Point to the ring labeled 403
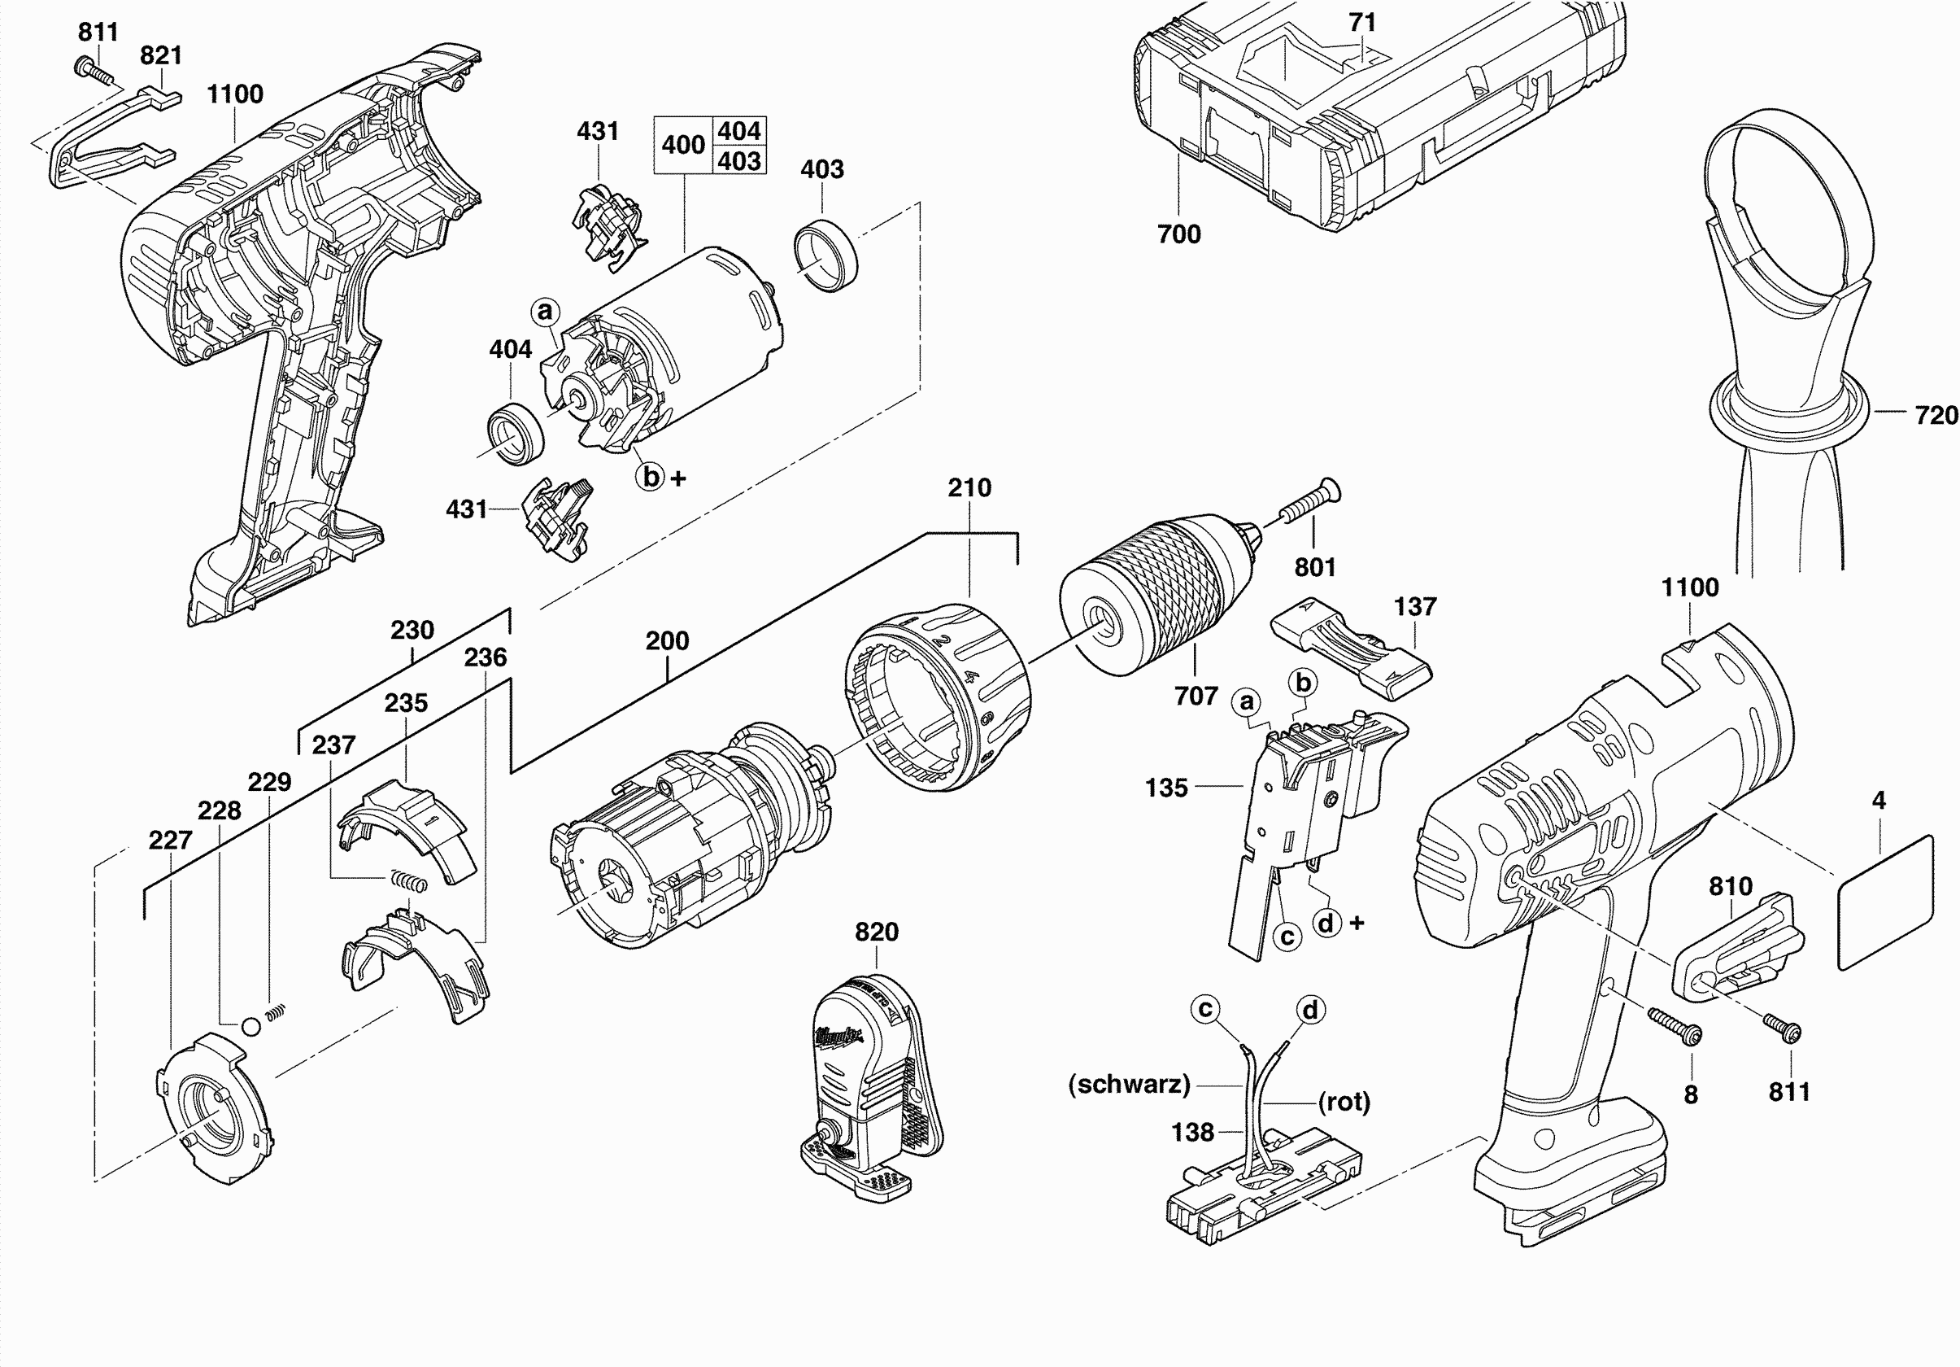pos(825,255)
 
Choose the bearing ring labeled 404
pos(516,435)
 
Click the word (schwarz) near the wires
pos(1129,1085)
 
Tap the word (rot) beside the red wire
pos(1344,1102)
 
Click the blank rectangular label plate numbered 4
pos(1884,903)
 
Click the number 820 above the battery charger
pos(877,932)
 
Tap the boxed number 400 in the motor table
pos(683,145)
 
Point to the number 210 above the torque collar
pos(969,487)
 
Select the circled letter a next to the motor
pos(546,311)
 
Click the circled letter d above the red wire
pos(1309,1010)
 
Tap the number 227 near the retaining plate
pos(170,841)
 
